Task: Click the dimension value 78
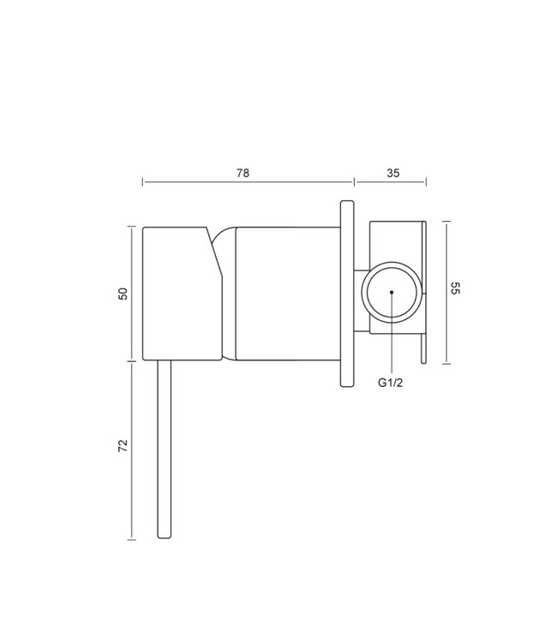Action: click(x=243, y=173)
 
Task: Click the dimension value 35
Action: click(x=393, y=173)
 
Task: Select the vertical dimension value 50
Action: click(x=123, y=294)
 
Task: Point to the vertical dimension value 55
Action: click(x=457, y=289)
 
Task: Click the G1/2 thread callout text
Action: click(x=391, y=383)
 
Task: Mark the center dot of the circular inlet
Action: click(x=391, y=292)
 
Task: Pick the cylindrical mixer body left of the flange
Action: click(x=286, y=293)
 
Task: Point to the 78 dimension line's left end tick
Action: click(x=143, y=182)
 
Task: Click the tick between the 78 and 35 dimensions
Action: click(x=354, y=182)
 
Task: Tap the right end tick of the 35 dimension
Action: click(x=426, y=182)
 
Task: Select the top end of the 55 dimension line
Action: click(x=446, y=220)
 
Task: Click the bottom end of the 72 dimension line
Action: click(x=130, y=539)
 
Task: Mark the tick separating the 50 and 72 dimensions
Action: click(x=130, y=361)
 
